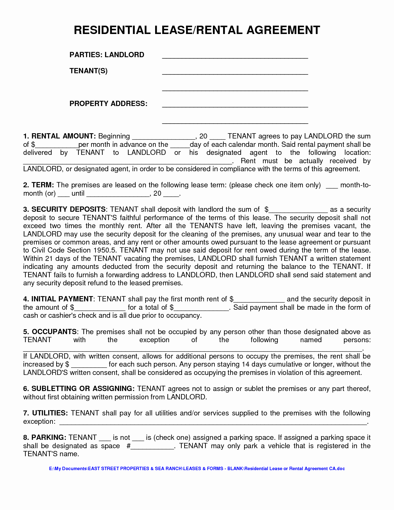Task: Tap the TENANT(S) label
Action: point(88,71)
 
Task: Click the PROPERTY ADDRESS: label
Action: point(108,104)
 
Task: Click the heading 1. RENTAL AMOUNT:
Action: point(59,136)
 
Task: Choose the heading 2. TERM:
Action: point(39,185)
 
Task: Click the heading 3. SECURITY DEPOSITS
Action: point(64,210)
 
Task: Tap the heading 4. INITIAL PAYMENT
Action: point(58,299)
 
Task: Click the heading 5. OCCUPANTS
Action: point(50,332)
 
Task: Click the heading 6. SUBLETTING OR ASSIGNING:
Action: point(79,389)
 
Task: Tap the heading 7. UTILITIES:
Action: point(45,413)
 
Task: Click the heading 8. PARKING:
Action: point(44,438)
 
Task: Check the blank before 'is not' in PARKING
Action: point(105,439)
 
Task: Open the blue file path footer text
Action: point(197,469)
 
